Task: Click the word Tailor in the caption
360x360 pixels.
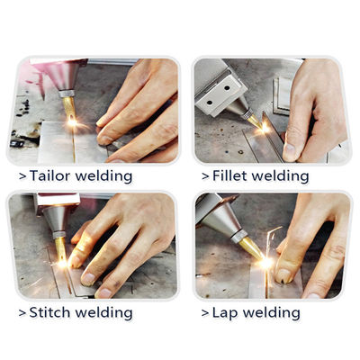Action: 51,175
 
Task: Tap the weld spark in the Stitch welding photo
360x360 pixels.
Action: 62,264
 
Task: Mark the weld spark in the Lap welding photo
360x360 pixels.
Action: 266,262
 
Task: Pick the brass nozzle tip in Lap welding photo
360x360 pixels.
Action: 250,247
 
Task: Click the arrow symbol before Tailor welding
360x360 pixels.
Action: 22,176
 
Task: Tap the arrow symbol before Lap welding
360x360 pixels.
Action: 204,313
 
